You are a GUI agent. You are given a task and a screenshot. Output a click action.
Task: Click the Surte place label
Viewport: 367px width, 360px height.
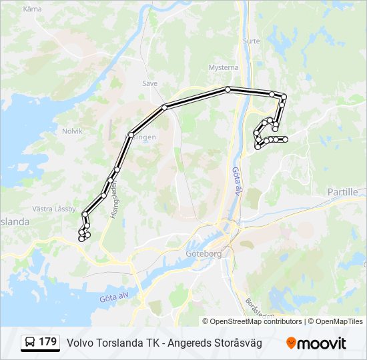pos(252,41)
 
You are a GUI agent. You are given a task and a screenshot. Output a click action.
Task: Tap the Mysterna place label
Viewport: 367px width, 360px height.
pos(223,67)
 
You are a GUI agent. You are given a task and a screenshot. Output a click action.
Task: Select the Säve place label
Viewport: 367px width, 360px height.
pos(149,83)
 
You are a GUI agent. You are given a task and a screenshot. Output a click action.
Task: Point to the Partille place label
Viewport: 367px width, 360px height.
pos(342,191)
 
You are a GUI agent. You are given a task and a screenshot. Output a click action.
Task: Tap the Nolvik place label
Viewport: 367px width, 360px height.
pos(71,131)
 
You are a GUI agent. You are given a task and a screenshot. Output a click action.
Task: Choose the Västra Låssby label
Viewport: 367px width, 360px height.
pos(54,209)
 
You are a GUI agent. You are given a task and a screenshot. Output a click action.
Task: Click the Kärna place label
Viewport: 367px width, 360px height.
pos(31,9)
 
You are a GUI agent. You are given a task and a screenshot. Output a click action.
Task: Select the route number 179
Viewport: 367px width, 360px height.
pos(47,342)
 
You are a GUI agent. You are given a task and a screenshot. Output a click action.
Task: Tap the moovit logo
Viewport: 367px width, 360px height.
pos(316,343)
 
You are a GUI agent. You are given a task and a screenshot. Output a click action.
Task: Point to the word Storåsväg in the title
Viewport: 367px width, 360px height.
pos(238,343)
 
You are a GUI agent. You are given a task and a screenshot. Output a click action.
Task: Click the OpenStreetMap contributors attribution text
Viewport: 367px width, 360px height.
pos(256,321)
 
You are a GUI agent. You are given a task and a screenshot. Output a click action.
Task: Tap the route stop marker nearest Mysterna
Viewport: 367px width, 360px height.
pos(228,89)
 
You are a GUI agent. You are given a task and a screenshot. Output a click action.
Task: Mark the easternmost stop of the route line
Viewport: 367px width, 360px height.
pos(286,139)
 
